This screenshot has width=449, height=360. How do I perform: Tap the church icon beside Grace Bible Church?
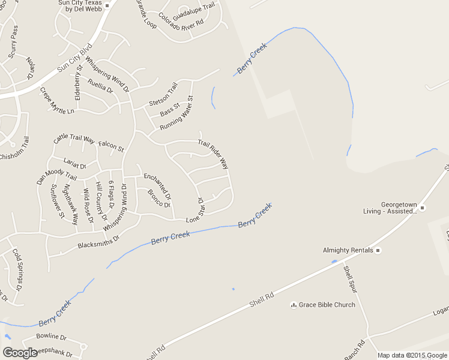pyautogui.click(x=294, y=305)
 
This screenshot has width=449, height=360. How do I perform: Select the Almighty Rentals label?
pyautogui.click(x=348, y=250)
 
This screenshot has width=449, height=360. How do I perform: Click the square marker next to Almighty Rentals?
pyautogui.click(x=378, y=250)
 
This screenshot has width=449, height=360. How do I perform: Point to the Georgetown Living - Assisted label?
pyautogui.click(x=390, y=208)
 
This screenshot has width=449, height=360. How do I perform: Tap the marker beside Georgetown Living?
pyautogui.click(x=422, y=208)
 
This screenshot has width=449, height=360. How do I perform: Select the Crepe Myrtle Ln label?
pyautogui.click(x=57, y=101)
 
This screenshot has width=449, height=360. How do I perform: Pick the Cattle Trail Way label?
pyautogui.click(x=74, y=139)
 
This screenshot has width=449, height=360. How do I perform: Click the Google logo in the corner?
pyautogui.click(x=20, y=353)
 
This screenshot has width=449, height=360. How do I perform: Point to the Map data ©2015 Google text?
pyautogui.click(x=412, y=355)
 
